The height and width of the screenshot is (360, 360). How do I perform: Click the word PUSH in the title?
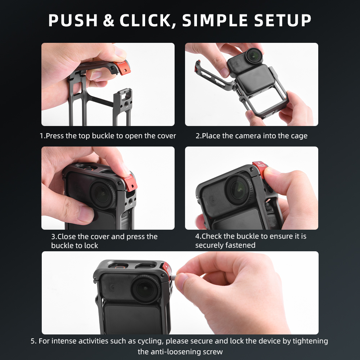pos(73,21)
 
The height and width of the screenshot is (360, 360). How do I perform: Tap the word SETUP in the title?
pos(283,21)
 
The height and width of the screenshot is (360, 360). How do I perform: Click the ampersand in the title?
pos(109,21)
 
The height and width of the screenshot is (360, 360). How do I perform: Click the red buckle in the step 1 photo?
pos(122,67)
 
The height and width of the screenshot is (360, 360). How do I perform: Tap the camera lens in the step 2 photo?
pos(254,56)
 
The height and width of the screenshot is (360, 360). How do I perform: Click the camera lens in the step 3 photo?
pos(102,194)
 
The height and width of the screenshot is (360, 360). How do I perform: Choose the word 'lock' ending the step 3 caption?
pos(91,246)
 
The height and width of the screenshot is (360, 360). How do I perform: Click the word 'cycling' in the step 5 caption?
pos(150,341)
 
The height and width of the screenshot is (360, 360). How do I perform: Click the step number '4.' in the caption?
pos(198,236)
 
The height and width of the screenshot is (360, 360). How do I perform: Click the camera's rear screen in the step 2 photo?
pos(256,81)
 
